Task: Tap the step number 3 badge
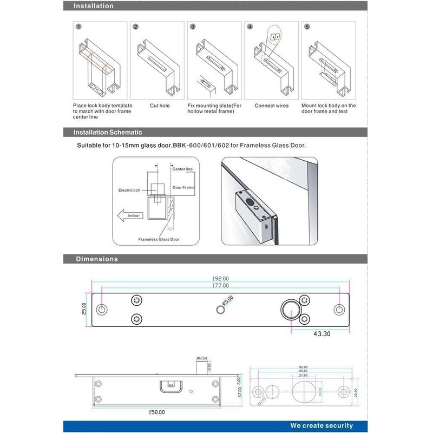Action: coord(193,27)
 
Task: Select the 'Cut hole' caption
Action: coord(160,106)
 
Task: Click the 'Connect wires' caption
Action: coord(272,106)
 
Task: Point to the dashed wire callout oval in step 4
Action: coord(275,37)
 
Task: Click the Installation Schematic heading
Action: coord(108,132)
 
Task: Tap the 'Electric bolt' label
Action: coord(129,190)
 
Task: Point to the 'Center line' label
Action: coord(182,169)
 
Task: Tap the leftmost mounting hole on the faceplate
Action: coord(101,310)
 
